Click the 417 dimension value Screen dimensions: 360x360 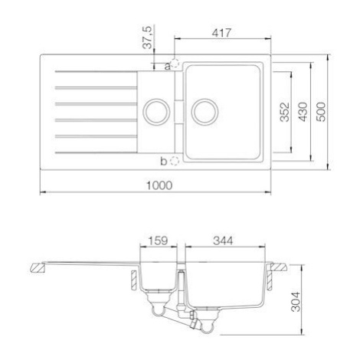click(221, 33)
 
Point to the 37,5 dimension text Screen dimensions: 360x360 click(148, 38)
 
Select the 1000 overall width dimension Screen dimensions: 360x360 click(159, 185)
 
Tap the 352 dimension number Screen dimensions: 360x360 click(285, 112)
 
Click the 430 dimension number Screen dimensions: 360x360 click(303, 112)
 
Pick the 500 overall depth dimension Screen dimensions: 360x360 click(321, 112)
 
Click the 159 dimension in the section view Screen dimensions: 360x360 click(158, 241)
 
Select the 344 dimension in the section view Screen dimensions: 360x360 click(223, 241)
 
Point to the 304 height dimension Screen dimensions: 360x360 click(296, 302)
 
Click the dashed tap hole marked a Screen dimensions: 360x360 click(175, 63)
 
